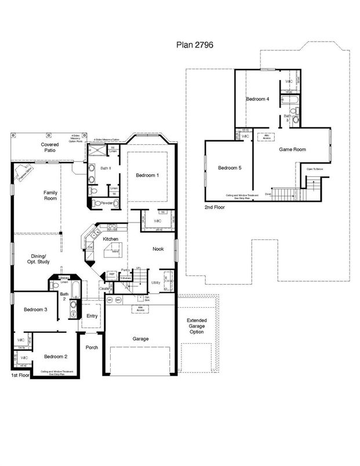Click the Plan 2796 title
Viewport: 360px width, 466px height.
pyautogui.click(x=196, y=43)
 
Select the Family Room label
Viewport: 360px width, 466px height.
pyautogui.click(x=50, y=195)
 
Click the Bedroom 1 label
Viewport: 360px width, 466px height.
pyautogui.click(x=148, y=176)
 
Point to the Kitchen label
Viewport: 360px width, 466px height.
pyautogui.click(x=111, y=239)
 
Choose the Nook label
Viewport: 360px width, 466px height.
pyautogui.click(x=158, y=249)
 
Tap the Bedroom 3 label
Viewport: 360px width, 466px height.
pyautogui.click(x=35, y=310)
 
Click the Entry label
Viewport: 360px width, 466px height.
pyautogui.click(x=92, y=316)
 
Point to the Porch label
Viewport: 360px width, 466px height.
pyautogui.click(x=92, y=348)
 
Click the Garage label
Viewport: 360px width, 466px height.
pyautogui.click(x=140, y=338)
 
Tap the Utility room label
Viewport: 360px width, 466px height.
pyautogui.click(x=155, y=282)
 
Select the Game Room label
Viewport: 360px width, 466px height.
pyautogui.click(x=292, y=149)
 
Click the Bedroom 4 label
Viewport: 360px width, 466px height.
pyautogui.click(x=257, y=99)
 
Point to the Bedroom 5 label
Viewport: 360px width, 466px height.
pyautogui.click(x=229, y=168)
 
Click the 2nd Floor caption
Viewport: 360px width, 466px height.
pyautogui.click(x=214, y=206)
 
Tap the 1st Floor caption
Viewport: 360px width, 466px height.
pyautogui.click(x=20, y=376)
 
